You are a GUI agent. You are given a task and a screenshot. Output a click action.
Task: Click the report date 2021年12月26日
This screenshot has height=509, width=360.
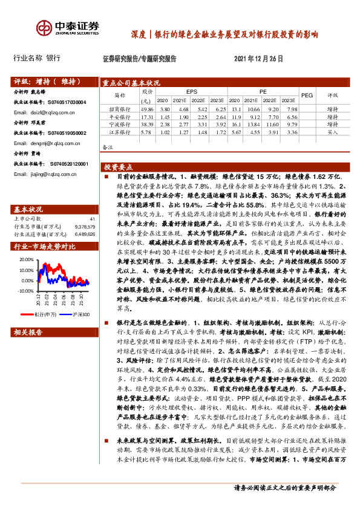click(x=258, y=59)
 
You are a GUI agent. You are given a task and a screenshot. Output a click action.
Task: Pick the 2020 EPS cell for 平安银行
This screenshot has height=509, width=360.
click(x=162, y=116)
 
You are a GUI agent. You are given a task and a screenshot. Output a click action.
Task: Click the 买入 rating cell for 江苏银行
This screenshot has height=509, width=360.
click(x=333, y=131)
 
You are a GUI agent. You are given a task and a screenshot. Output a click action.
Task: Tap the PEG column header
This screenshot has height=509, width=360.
click(x=307, y=95)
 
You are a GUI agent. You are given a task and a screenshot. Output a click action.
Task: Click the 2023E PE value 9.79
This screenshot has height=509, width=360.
click(x=292, y=123)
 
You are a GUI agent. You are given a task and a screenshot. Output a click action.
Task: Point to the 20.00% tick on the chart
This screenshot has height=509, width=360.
click(x=27, y=259)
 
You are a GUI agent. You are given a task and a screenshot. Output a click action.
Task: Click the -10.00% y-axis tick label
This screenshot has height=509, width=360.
click(x=25, y=291)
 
